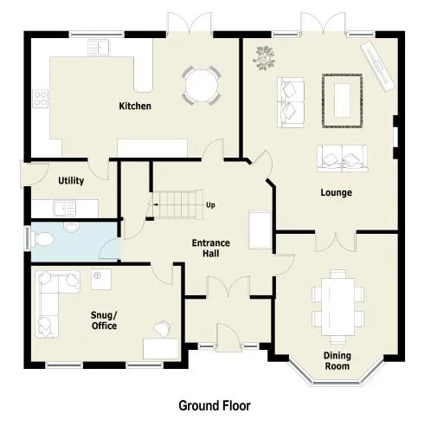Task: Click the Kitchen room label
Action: click(135, 106)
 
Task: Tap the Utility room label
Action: click(71, 181)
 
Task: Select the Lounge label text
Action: click(337, 192)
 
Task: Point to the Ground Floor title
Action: click(215, 405)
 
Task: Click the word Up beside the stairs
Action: click(210, 205)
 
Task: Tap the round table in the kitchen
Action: click(202, 86)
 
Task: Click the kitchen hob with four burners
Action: click(41, 99)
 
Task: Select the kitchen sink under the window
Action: click(99, 48)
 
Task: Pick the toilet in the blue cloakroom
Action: click(42, 240)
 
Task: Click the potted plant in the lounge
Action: click(264, 58)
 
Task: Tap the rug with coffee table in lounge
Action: click(343, 100)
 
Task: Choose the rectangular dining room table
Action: click(338, 307)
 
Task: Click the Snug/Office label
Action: click(104, 320)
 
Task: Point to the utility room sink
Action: click(65, 209)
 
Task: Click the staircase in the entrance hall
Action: click(178, 204)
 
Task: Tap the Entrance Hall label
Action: click(211, 248)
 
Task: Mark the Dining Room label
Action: click(337, 361)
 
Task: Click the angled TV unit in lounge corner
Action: click(377, 67)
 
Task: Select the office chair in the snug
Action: click(162, 328)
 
